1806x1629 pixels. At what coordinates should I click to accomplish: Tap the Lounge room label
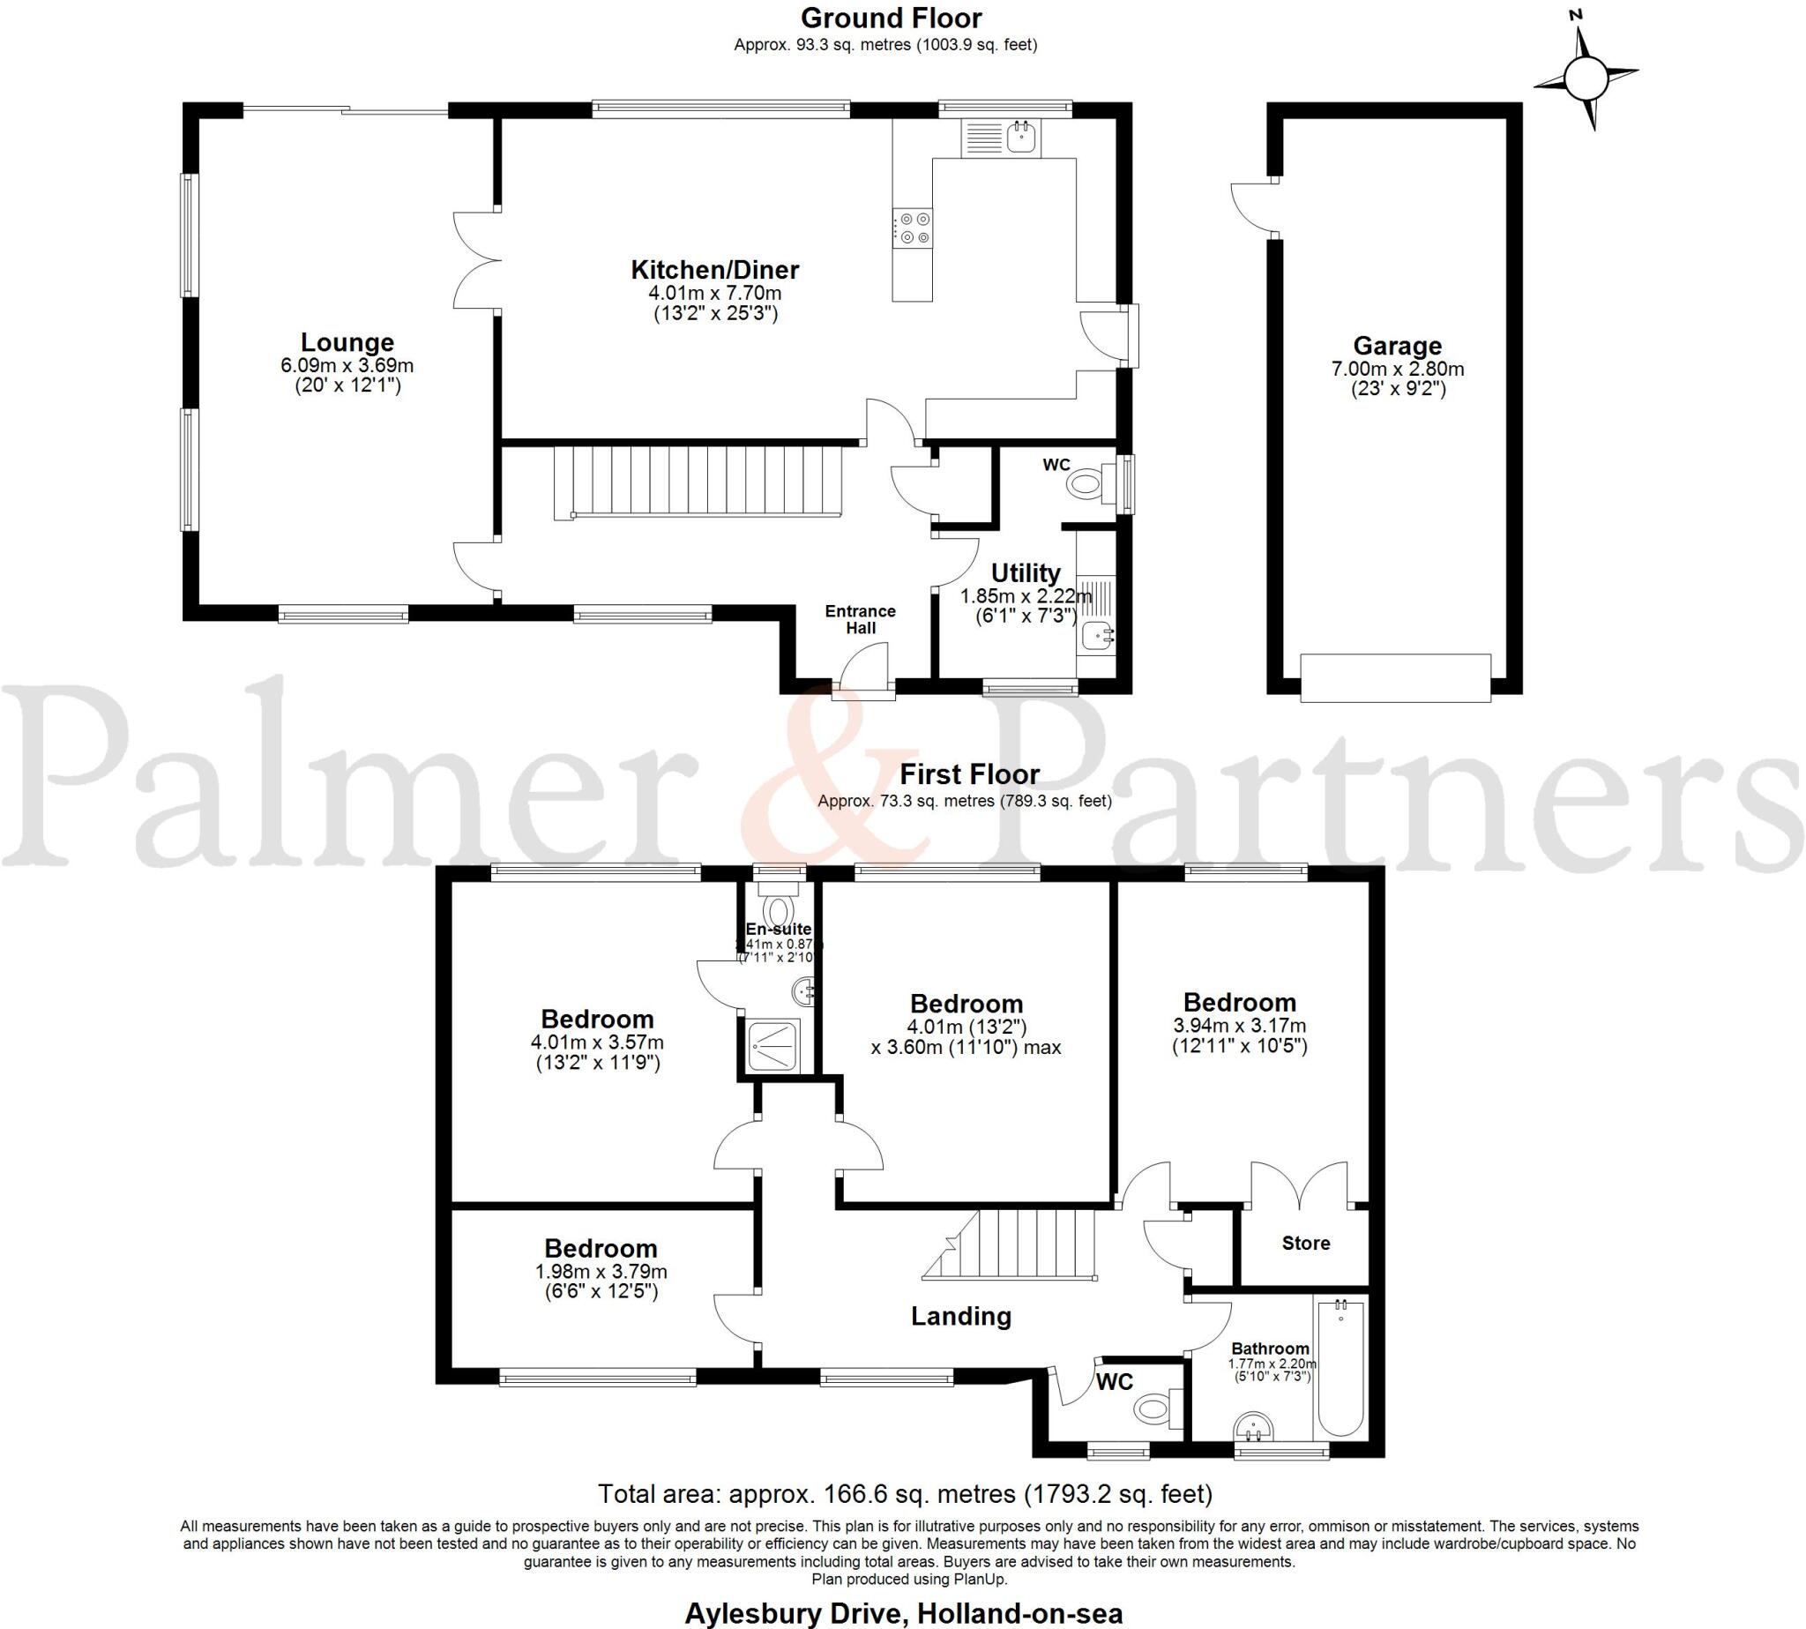347,343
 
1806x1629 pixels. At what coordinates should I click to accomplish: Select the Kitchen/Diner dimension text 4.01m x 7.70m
714,294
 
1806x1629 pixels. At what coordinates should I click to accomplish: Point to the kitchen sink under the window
1021,138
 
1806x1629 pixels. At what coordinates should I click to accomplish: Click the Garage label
1397,346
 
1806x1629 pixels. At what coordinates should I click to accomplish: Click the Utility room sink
1096,637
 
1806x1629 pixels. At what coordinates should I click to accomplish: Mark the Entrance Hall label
860,619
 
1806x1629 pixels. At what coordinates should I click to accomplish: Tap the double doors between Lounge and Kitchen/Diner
476,261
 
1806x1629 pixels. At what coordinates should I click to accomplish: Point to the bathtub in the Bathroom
1340,1367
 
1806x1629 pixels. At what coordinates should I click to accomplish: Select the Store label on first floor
1306,1244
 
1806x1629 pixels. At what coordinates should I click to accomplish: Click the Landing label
960,1317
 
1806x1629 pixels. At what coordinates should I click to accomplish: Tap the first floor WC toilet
1157,1409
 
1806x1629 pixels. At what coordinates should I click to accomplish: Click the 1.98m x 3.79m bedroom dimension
601,1272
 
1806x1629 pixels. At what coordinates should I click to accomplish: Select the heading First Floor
969,774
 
